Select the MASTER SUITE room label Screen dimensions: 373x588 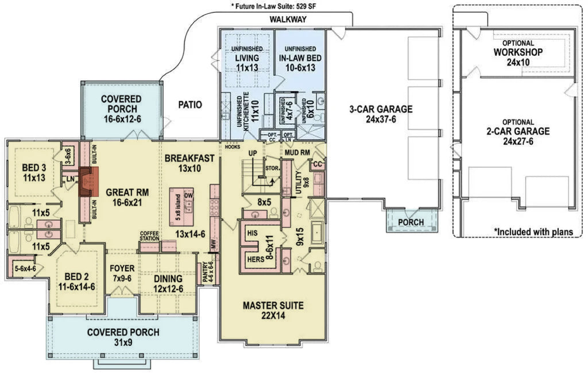[272, 310]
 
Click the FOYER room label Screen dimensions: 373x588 [122, 273]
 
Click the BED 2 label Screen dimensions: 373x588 [76, 281]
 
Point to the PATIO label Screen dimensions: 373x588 [189, 105]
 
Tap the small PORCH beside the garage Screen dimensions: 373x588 [411, 222]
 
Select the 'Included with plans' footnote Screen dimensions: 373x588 [533, 232]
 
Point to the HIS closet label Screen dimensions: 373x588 [251, 234]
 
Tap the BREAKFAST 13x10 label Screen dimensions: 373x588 [189, 163]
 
